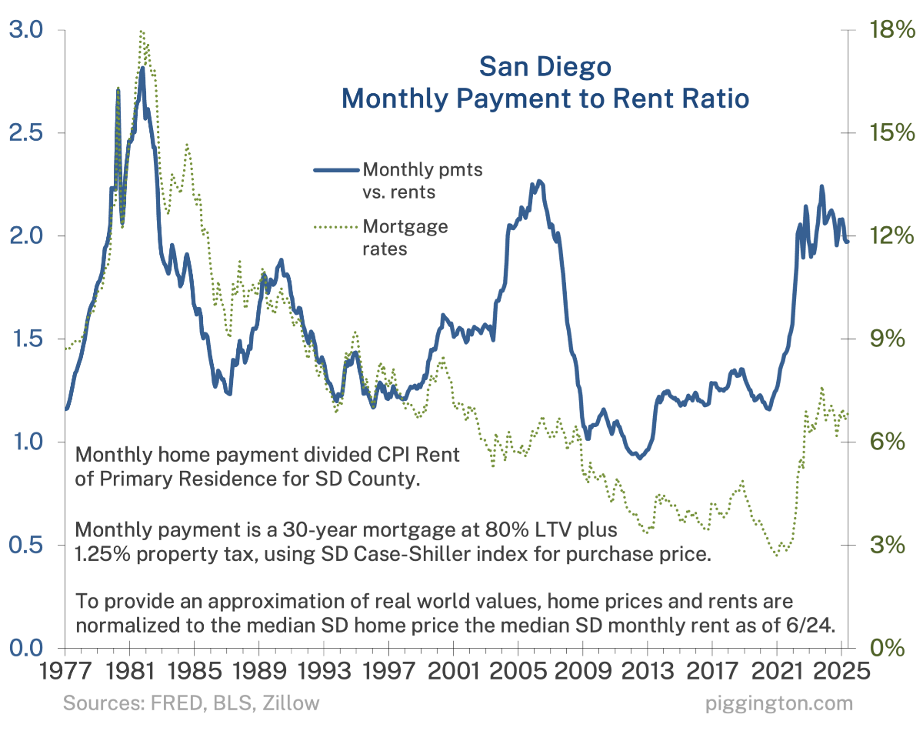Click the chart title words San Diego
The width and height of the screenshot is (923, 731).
coord(545,67)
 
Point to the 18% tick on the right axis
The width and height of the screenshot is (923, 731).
coord(885,30)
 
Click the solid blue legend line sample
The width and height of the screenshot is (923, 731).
coord(335,169)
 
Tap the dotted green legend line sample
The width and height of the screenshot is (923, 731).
coord(335,227)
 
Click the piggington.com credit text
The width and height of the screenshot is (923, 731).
coord(778,703)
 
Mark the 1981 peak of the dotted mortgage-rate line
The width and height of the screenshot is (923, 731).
coord(142,32)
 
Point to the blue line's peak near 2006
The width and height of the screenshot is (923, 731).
coord(540,182)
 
